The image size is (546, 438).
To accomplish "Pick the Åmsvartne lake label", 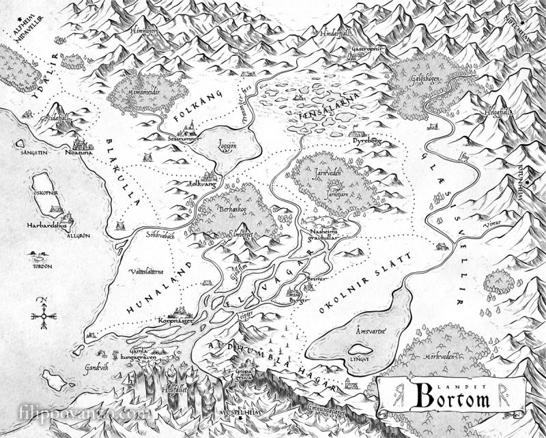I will click(x=371, y=331).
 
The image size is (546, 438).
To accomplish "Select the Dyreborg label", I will click(x=362, y=145).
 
